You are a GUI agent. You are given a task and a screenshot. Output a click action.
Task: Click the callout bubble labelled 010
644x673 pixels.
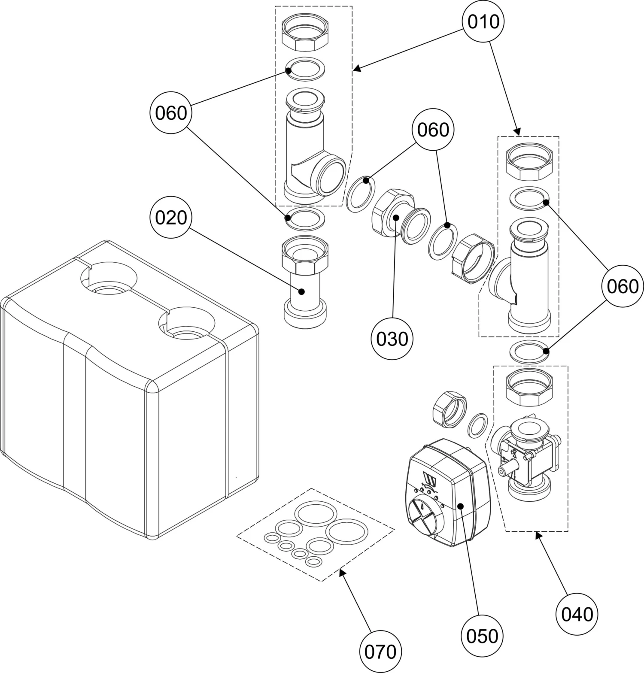(483, 21)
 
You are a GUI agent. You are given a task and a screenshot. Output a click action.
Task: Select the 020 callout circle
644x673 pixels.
(171, 218)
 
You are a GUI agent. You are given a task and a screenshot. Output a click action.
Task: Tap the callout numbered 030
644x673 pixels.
(392, 339)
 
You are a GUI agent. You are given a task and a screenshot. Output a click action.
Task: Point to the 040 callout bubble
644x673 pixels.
(577, 614)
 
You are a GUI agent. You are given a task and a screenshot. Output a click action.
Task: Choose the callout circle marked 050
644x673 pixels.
(482, 635)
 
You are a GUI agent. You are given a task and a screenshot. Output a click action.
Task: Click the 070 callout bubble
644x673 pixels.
(380, 652)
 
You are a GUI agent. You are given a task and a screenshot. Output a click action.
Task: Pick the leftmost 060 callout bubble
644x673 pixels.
(171, 113)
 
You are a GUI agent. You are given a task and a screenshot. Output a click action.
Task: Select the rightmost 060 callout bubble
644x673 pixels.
(623, 286)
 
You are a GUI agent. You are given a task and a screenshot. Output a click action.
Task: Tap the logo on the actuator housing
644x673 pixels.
(431, 480)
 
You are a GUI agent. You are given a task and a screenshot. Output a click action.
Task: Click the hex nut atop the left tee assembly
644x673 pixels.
(306, 38)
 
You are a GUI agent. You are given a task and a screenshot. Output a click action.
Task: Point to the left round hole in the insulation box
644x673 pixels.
(109, 279)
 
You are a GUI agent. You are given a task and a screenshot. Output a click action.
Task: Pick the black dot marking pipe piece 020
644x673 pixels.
(302, 291)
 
